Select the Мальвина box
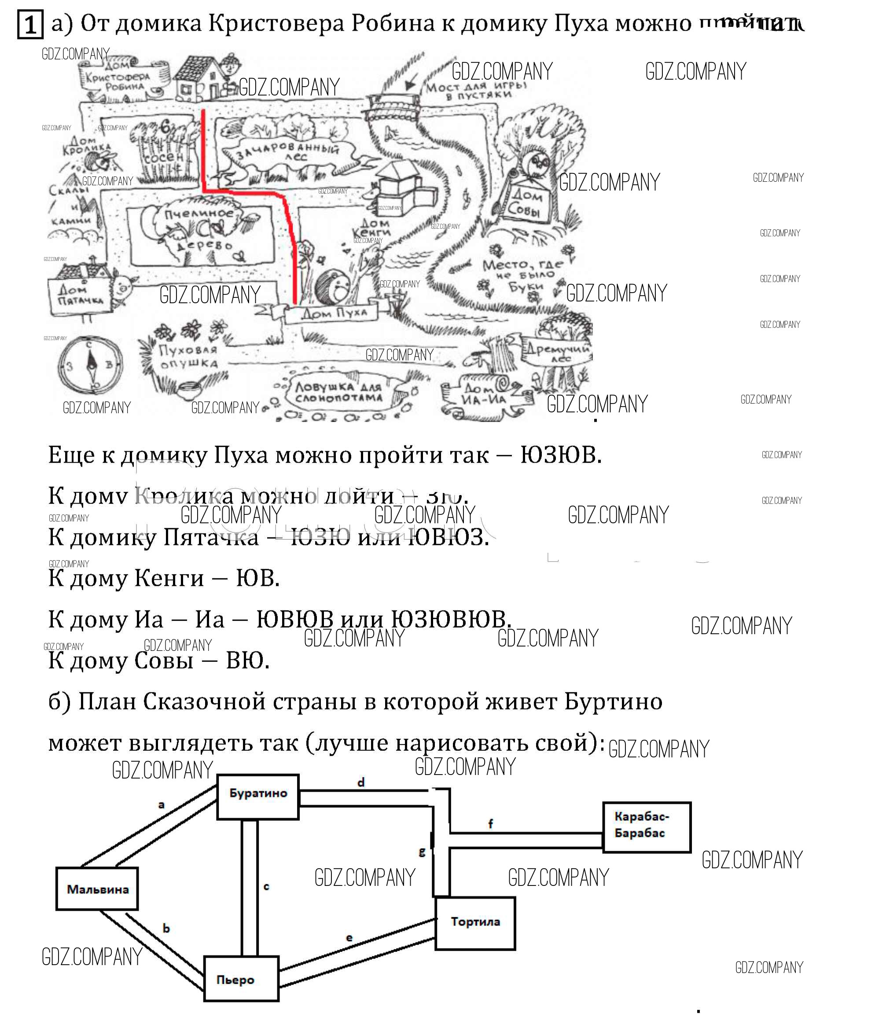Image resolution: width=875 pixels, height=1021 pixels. coord(97,889)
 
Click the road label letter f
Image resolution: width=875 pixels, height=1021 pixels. coord(490,823)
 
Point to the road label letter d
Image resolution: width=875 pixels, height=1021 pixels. coord(361,782)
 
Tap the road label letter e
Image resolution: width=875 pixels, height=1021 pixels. coord(349,937)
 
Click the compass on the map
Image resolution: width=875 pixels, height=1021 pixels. coord(90,365)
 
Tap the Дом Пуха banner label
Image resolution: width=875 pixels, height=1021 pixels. coord(334,313)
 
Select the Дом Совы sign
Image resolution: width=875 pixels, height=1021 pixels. coord(526,202)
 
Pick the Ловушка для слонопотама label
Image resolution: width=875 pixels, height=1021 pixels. coord(339,392)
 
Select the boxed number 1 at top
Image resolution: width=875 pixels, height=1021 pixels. coord(29,25)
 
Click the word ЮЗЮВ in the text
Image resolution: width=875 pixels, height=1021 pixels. coord(560,455)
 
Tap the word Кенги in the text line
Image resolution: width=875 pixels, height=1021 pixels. coord(169,578)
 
